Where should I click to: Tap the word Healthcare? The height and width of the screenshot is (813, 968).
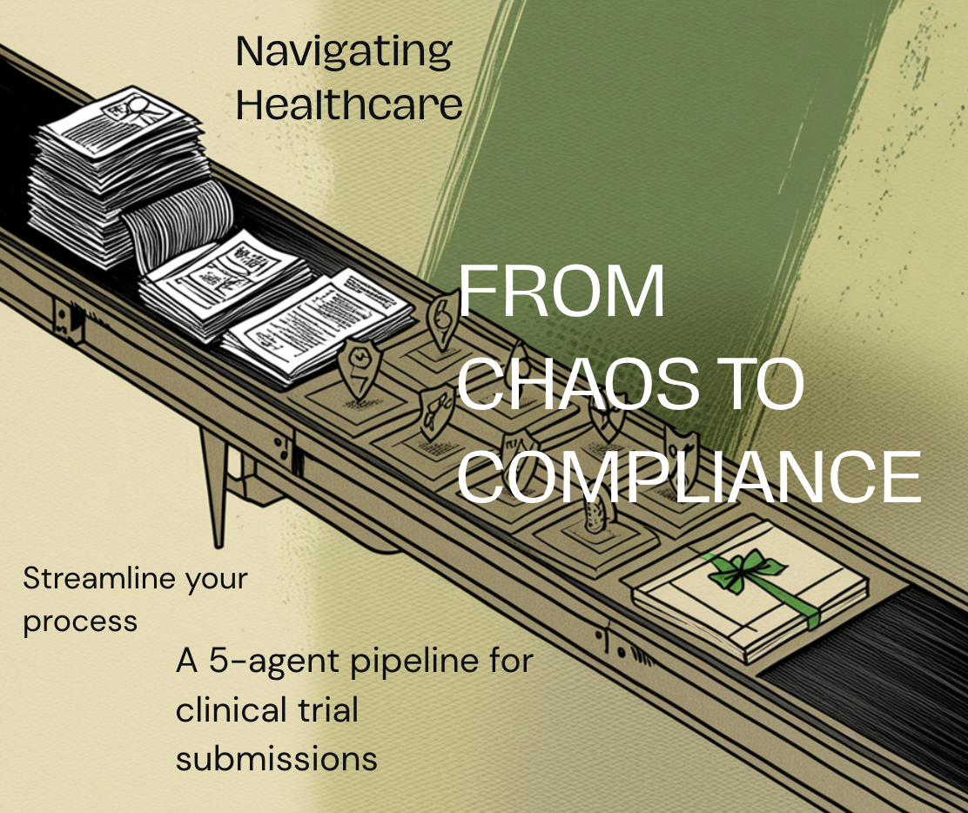(348, 106)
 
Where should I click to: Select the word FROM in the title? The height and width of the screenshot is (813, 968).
(561, 292)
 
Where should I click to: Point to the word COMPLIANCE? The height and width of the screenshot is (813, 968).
(689, 477)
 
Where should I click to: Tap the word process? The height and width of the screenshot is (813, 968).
(80, 622)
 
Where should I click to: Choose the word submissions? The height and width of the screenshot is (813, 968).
(276, 758)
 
